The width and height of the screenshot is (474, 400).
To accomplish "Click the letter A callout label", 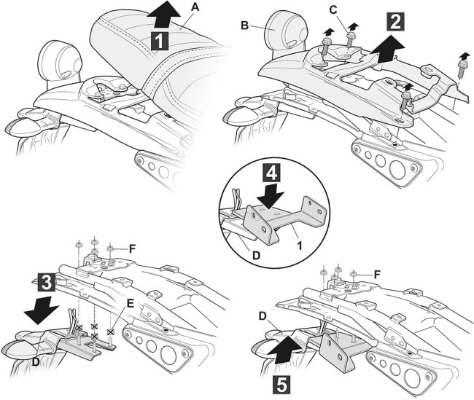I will (193, 7).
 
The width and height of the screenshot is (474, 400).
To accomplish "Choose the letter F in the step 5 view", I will (376, 273).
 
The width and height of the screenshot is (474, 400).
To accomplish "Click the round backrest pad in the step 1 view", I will (59, 58).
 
